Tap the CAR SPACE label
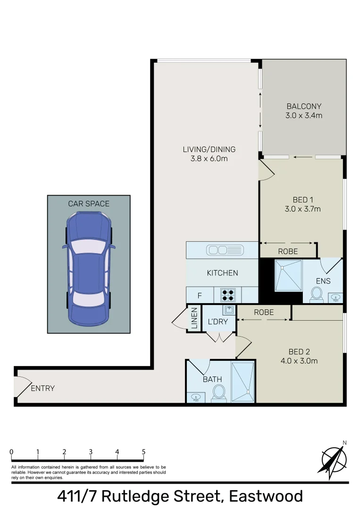[x=89, y=204]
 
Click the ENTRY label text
[x=43, y=389]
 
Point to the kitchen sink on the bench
[x=225, y=250]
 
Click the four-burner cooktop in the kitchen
[x=228, y=295]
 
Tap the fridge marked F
[x=200, y=296]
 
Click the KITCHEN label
[x=222, y=273]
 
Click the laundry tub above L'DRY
[x=229, y=310]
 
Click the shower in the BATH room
[x=243, y=382]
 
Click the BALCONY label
[x=304, y=106]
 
